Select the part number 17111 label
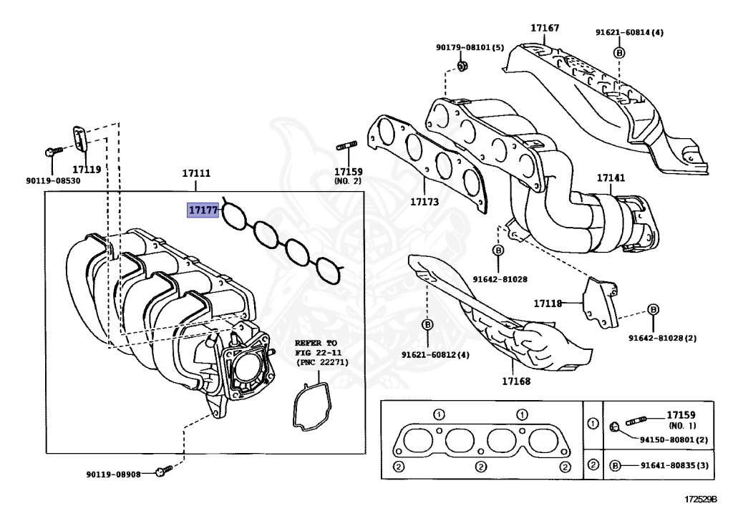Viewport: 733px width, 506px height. point(195,174)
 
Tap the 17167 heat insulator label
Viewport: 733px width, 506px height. point(545,29)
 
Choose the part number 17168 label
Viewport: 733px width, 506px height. point(515,381)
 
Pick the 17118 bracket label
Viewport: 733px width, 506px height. point(548,303)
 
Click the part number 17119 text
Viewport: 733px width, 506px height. point(87,170)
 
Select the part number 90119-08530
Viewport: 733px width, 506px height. point(54,180)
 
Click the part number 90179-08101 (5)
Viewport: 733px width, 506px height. point(470,48)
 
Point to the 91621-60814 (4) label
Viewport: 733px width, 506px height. point(629,32)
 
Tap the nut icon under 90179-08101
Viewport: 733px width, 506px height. point(462,67)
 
